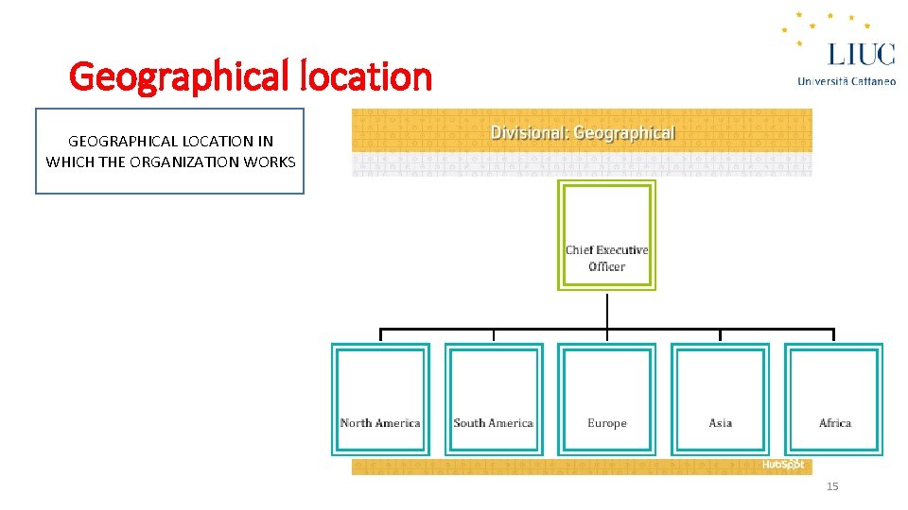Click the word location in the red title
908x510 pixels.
[364, 76]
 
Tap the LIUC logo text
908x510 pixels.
[860, 53]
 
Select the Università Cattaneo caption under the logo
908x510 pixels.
[847, 81]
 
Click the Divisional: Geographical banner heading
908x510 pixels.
[583, 133]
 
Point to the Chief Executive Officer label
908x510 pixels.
[606, 258]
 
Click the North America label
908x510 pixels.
[380, 423]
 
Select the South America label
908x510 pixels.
[493, 423]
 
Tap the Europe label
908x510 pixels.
[606, 423]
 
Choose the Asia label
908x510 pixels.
[720, 423]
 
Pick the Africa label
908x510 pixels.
[834, 423]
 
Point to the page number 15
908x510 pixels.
[832, 486]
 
